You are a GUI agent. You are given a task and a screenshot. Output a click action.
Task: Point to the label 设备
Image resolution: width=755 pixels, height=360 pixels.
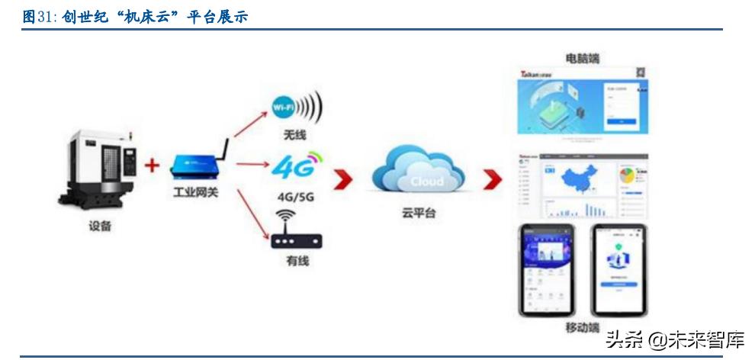point(99,227)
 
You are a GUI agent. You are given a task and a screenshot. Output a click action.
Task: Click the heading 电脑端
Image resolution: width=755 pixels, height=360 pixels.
point(581,59)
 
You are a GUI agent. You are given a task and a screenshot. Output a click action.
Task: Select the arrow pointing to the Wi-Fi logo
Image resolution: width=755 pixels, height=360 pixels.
point(250,124)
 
